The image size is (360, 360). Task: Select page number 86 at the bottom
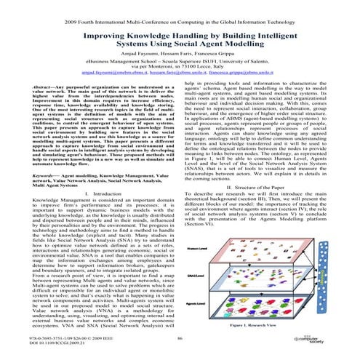pos(178,339)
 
